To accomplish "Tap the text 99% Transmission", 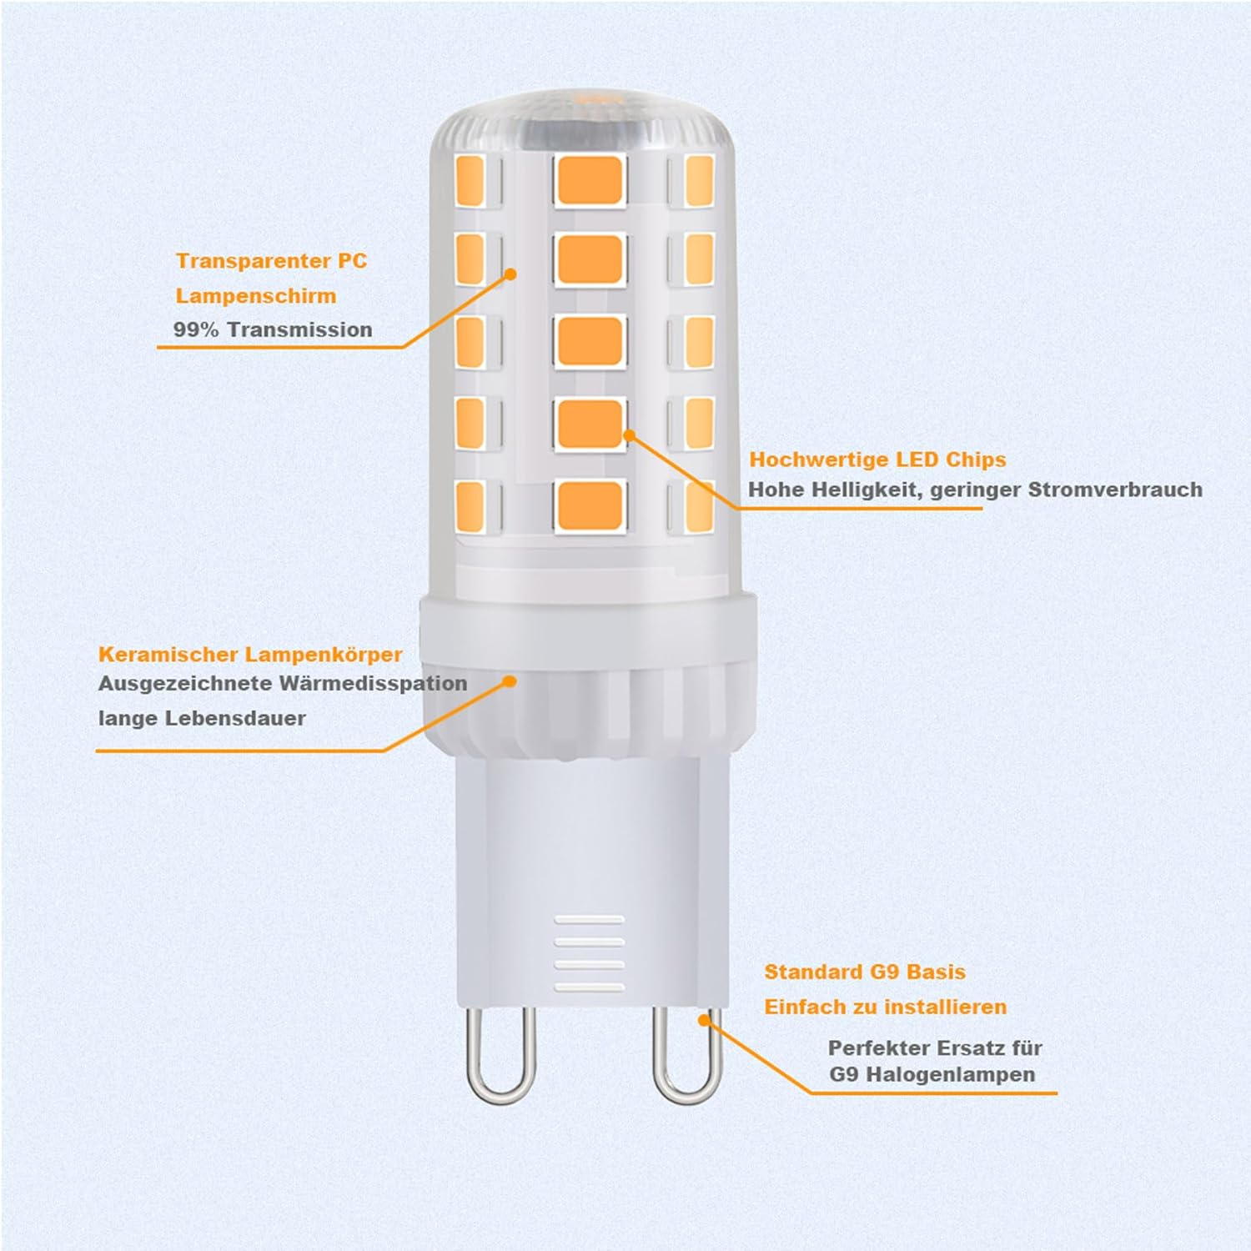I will [x=273, y=329].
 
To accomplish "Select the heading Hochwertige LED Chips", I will [x=877, y=460].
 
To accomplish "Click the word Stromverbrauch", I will [x=1115, y=490].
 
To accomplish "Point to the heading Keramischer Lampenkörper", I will [x=250, y=655].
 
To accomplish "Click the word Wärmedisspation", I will [x=373, y=684].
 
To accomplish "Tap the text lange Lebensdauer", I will [x=202, y=718].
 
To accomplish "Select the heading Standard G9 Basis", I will [x=865, y=972].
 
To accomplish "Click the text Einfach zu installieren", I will [x=885, y=1007].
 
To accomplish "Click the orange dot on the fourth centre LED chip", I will [x=629, y=435].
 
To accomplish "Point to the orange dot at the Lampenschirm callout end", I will [x=511, y=274].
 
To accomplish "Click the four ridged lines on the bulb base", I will [x=590, y=953].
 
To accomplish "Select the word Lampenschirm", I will [x=256, y=296].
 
